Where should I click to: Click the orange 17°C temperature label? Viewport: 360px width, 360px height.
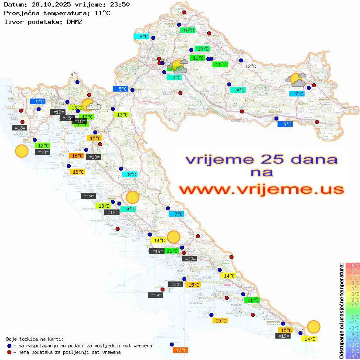181,350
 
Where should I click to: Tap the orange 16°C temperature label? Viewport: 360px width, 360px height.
77,156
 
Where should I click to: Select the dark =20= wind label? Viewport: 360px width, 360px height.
175,285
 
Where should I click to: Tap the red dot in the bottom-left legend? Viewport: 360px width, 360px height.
9,352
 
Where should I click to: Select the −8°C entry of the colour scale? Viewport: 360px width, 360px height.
353,356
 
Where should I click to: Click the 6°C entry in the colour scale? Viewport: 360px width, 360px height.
353,277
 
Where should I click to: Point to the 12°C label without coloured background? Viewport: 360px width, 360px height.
250,66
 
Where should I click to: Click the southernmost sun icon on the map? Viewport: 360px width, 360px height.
313,326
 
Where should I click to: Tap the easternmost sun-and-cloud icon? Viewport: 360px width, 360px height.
296,80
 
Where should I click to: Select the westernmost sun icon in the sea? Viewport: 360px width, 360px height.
21,151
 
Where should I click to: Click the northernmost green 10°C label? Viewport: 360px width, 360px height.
189,31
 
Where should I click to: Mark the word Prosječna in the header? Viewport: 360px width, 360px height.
25,13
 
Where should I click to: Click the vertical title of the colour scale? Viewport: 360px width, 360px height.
341,311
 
